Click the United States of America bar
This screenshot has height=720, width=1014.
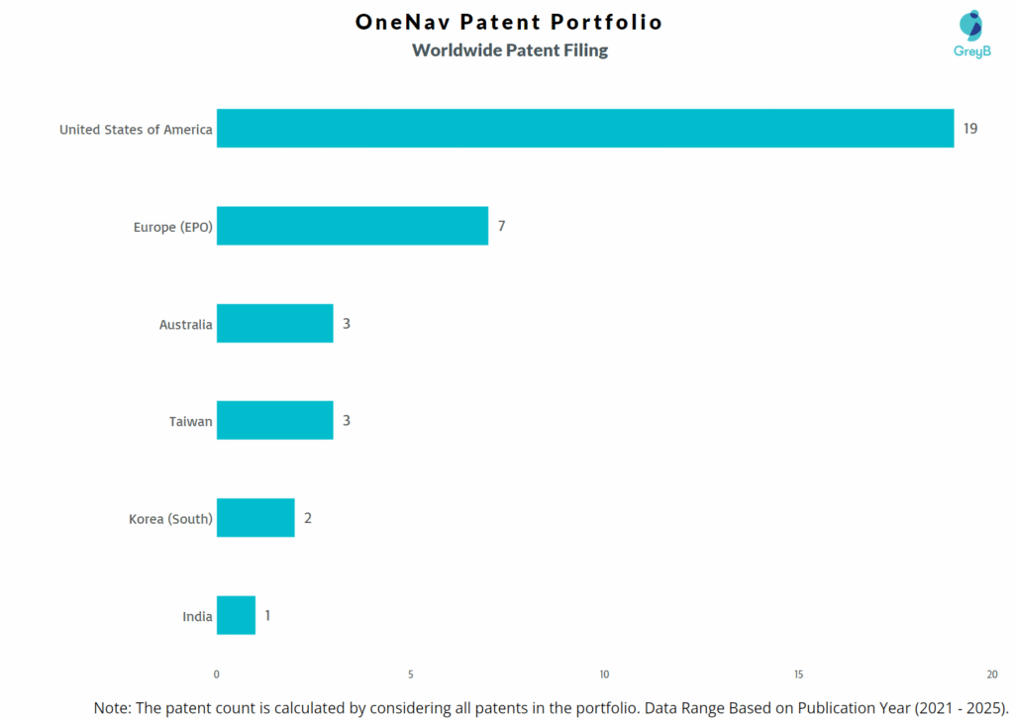click(584, 129)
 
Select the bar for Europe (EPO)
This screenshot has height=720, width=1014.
click(352, 226)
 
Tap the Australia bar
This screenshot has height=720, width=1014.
click(274, 324)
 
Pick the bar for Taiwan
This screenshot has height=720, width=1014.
click(274, 421)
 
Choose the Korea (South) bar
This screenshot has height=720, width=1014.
click(255, 518)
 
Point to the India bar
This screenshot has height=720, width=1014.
click(236, 615)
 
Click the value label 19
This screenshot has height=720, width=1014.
click(970, 129)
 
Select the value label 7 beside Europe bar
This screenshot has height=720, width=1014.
click(502, 226)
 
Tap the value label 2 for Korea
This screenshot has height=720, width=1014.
click(308, 518)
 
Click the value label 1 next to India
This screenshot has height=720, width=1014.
click(267, 615)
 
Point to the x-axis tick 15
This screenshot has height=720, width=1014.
click(798, 674)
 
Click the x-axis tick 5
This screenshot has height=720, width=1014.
click(410, 674)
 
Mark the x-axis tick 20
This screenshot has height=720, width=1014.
click(992, 674)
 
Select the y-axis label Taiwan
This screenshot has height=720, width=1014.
click(190, 421)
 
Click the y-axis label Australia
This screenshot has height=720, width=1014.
click(185, 324)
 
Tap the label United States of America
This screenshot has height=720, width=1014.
click(136, 129)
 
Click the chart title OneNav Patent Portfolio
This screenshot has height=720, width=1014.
click(509, 22)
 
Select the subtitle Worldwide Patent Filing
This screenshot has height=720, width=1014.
click(510, 50)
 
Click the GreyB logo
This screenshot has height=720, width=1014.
click(971, 36)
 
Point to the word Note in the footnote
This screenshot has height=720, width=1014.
click(112, 707)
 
